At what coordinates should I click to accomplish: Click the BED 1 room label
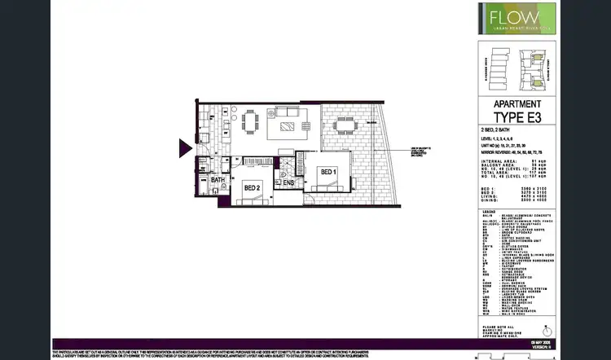[x=327, y=172]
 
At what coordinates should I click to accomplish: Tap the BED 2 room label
[x=252, y=187]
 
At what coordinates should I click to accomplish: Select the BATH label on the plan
[x=218, y=180]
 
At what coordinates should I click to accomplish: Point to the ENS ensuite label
[x=288, y=183]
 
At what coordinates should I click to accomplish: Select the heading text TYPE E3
[x=518, y=116]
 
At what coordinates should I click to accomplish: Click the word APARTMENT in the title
[x=518, y=103]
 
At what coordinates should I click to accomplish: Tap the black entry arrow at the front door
[x=185, y=147]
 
